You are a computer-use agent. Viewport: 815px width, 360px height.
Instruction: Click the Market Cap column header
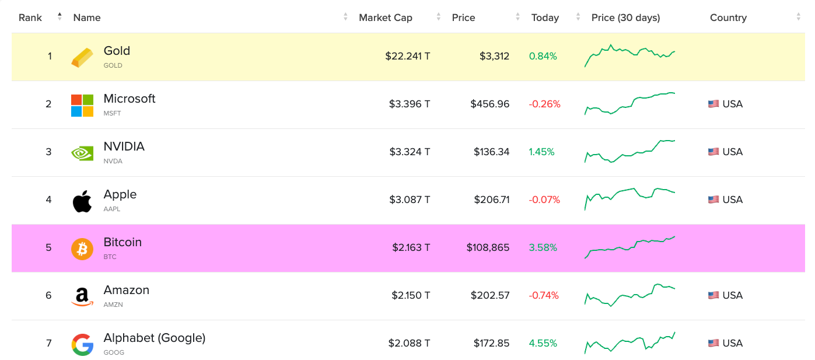pyautogui.click(x=386, y=18)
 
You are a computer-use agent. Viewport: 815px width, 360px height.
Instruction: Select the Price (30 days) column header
pyautogui.click(x=625, y=18)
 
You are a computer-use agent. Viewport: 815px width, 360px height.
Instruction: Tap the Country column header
pyautogui.click(x=728, y=18)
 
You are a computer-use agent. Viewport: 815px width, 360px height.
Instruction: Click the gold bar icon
pyautogui.click(x=82, y=57)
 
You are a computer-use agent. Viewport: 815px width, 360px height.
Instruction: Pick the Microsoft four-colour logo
pyautogui.click(x=82, y=105)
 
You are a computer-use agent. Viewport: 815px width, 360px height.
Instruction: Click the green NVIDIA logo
pyautogui.click(x=82, y=153)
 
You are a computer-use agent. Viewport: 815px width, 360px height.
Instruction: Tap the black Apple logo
pyautogui.click(x=82, y=201)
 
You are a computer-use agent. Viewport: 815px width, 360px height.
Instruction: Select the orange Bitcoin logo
pyautogui.click(x=82, y=249)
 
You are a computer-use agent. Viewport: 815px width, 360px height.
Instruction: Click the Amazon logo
pyautogui.click(x=82, y=296)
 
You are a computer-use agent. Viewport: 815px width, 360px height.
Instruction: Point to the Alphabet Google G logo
pyautogui.click(x=82, y=344)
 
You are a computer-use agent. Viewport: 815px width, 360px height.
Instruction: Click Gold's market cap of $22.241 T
pyautogui.click(x=408, y=57)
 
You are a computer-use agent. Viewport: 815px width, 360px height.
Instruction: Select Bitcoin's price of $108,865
pyautogui.click(x=488, y=247)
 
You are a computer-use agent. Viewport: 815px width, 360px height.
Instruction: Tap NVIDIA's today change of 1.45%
pyautogui.click(x=541, y=152)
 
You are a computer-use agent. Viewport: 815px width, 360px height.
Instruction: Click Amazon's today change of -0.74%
pyautogui.click(x=544, y=295)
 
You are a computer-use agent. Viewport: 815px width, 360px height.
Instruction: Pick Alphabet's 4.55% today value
pyautogui.click(x=543, y=343)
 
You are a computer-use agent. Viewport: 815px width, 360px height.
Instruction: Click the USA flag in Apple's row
pyautogui.click(x=713, y=200)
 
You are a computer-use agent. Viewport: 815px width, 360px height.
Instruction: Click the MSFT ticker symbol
pyautogui.click(x=112, y=113)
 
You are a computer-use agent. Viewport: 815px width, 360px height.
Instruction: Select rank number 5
pyautogui.click(x=48, y=247)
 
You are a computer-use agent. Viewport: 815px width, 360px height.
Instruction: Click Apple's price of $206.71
pyautogui.click(x=490, y=200)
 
